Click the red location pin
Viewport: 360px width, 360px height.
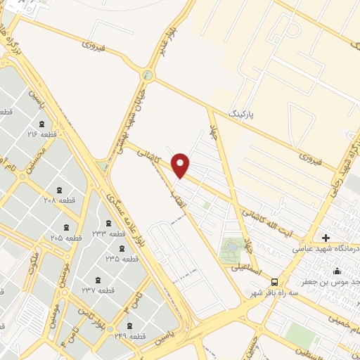pyautogui.click(x=181, y=165)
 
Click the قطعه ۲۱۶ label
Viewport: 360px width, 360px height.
pyautogui.click(x=41, y=133)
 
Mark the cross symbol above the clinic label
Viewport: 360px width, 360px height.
pyautogui.click(x=326, y=238)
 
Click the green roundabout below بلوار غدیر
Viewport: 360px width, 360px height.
pyautogui.click(x=148, y=75)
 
